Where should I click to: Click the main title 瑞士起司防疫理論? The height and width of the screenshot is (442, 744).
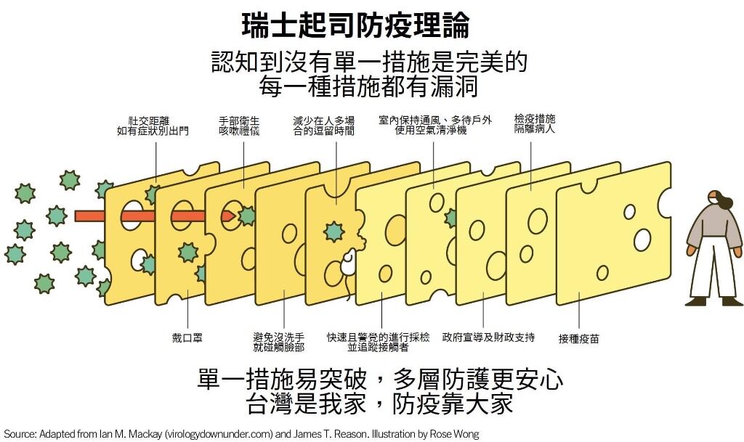355,25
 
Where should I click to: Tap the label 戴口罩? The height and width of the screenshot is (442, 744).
187,337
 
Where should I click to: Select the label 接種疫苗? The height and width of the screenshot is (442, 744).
578,339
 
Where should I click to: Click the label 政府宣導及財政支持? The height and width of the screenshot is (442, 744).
488,337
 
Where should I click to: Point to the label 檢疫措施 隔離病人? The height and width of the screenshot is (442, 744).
534,123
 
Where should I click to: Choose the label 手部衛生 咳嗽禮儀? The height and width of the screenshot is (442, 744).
239,126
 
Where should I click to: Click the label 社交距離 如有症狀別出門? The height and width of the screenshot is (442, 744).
153,126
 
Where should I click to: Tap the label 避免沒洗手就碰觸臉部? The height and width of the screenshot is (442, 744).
278,342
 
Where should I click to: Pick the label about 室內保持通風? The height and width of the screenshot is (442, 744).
434,125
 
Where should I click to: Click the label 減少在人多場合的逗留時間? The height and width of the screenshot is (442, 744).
323,126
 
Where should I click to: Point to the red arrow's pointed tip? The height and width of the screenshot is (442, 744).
236,216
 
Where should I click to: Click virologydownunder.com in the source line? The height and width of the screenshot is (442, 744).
219,434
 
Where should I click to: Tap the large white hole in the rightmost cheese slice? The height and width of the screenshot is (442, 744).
642,240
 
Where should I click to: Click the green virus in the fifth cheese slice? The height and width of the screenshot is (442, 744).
333,232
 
